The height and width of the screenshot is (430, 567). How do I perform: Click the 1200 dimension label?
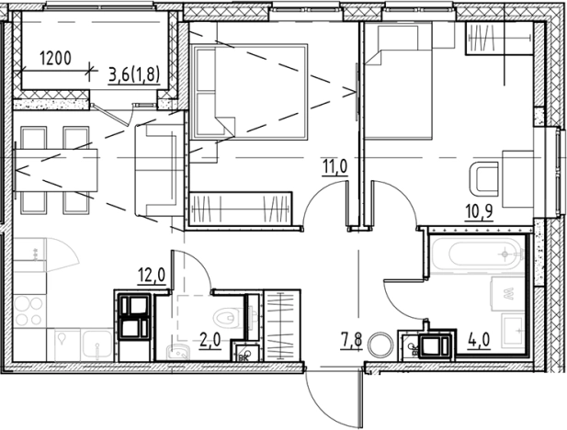click(x=55, y=58)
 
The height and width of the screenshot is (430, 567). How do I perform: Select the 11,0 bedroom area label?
click(x=335, y=167)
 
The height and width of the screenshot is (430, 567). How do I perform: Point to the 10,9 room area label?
click(x=480, y=212)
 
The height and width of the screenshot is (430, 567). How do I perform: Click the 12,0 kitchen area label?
click(x=152, y=276)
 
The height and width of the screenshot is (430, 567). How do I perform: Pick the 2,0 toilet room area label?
click(x=210, y=341)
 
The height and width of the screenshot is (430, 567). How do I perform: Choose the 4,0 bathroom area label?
click(x=479, y=341)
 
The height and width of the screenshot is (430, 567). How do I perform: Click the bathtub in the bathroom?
click(x=477, y=255)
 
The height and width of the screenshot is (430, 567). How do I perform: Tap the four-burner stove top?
click(x=29, y=311)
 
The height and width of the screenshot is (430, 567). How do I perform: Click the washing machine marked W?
click(x=507, y=294)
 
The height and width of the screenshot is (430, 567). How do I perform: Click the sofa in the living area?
click(x=159, y=170)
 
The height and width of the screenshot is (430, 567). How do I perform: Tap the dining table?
click(x=56, y=170)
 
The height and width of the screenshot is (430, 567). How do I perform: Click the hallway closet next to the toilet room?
click(x=282, y=325)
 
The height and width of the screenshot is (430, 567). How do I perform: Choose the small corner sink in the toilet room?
click(x=178, y=352)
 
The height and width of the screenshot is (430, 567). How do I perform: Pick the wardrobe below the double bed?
click(x=241, y=209)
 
